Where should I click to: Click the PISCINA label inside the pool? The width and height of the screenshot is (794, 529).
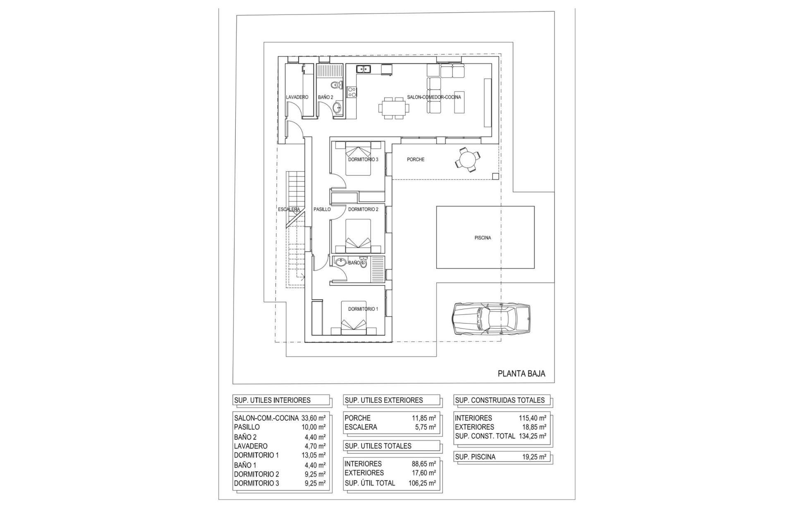483,238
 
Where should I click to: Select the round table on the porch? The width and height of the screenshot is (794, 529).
468,159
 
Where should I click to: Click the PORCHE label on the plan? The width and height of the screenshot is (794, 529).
415,160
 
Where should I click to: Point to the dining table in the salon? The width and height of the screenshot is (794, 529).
394,108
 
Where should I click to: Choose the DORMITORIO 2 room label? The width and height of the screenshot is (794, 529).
363,210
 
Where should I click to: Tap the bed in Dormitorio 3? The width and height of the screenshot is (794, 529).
358,158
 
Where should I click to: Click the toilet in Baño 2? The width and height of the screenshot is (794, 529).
336,86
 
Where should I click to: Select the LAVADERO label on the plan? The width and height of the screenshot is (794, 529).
297,97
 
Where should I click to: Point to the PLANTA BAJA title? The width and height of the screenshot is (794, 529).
521,374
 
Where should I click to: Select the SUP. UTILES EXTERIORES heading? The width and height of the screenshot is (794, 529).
383,400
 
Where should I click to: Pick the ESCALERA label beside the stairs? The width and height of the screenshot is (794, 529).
289,210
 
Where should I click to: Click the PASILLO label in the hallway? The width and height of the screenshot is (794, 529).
322,210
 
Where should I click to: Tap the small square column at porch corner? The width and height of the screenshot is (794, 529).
495,176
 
